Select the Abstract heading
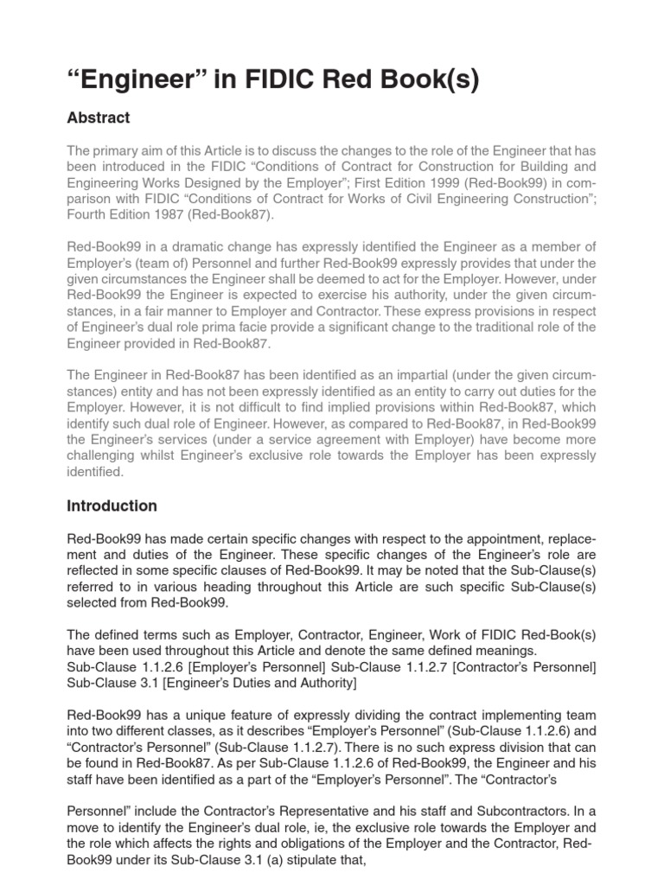point(99,118)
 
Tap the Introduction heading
point(112,506)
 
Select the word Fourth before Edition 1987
point(89,214)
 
